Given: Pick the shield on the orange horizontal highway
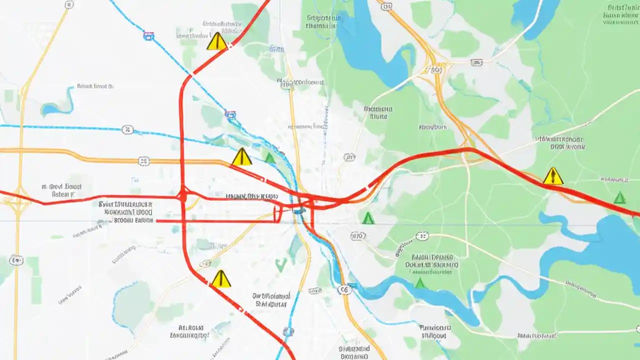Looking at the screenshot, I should tap(143, 161).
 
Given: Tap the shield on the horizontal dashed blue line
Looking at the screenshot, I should tap(127, 130).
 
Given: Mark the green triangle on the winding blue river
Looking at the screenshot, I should tap(420, 283).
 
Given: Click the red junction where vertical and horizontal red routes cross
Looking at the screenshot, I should tap(182, 195).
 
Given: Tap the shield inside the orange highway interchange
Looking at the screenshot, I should tap(436, 70).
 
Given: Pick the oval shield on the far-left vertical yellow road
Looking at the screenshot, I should tap(16, 260).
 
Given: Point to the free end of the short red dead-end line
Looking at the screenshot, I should tap(157, 220).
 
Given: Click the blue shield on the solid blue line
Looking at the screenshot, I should tap(148, 36).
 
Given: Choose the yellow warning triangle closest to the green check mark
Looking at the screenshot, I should tap(220, 279).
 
